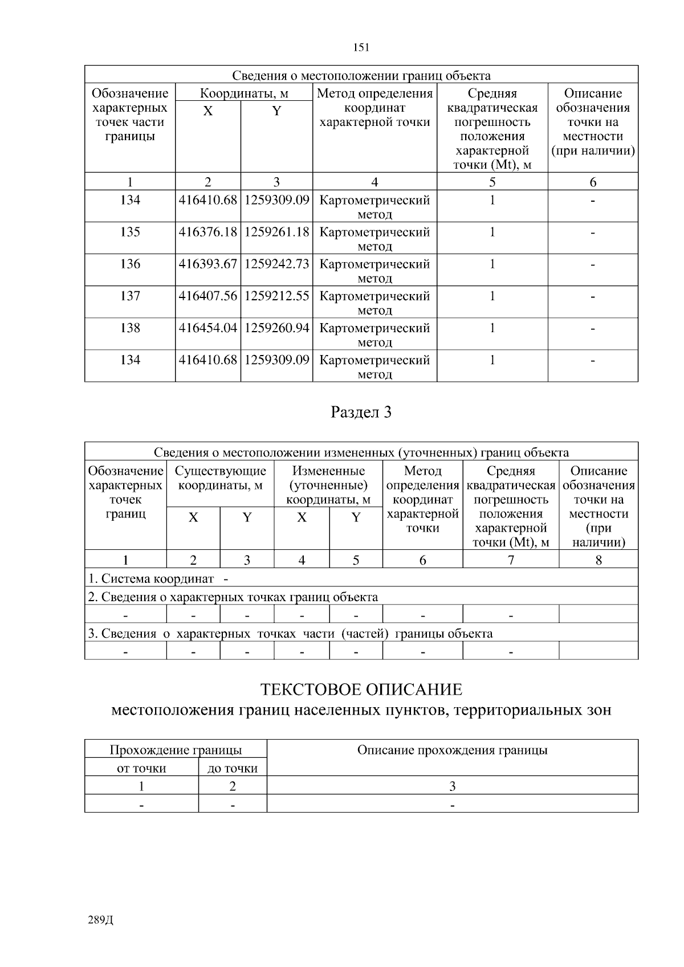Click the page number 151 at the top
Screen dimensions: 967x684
tap(361, 48)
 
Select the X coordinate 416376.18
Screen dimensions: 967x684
tap(207, 232)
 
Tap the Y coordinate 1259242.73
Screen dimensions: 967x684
tap(276, 264)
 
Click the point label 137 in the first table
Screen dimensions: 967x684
tap(130, 296)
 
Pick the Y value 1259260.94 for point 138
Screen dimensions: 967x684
tap(276, 328)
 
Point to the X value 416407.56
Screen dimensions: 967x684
tap(207, 296)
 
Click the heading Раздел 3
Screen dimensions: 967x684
tap(361, 413)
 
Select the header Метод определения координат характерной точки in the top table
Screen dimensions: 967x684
tap(374, 108)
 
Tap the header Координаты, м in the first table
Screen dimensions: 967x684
tap(244, 93)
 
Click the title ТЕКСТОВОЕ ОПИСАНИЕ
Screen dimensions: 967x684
tap(361, 690)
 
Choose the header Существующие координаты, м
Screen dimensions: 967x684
tap(220, 478)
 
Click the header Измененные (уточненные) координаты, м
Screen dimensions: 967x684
tap(328, 485)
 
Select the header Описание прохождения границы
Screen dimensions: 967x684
tap(452, 750)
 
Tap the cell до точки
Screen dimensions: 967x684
tap(233, 769)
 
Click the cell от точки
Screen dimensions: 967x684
tap(141, 769)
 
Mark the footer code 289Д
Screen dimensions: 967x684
tap(101, 920)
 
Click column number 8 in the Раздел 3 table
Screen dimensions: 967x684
tap(598, 560)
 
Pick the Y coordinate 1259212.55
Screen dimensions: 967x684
tap(276, 296)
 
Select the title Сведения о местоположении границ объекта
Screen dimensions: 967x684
tap(361, 76)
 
